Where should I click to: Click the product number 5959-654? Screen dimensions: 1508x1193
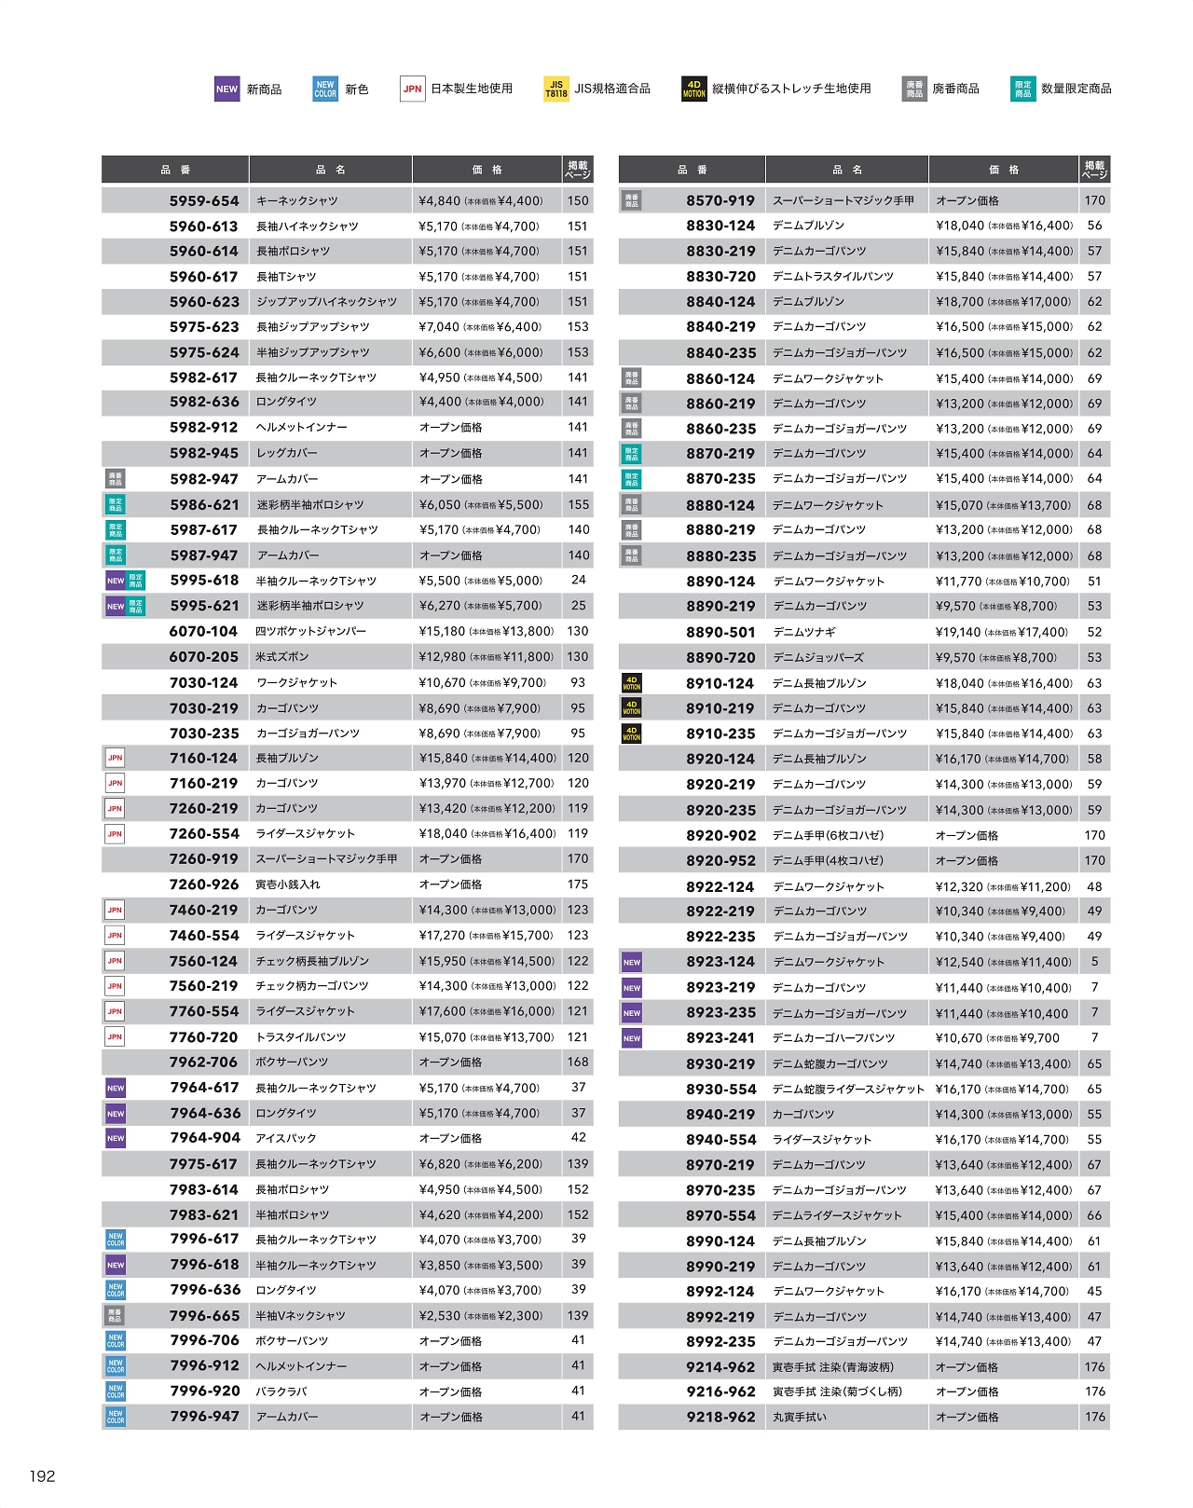[204, 200]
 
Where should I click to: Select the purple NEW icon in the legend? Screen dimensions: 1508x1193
[226, 89]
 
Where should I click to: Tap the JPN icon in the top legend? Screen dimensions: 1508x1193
[412, 89]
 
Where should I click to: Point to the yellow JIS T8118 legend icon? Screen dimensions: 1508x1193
[556, 89]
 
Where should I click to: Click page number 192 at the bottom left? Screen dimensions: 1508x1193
[42, 1475]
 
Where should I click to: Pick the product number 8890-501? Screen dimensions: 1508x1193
[720, 632]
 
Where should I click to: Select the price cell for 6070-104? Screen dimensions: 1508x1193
[486, 631]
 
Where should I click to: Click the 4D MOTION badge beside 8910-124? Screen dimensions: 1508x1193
[632, 683]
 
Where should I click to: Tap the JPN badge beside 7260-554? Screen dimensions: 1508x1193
[115, 834]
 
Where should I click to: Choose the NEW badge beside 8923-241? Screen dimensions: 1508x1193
[632, 1038]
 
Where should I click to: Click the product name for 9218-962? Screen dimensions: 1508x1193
[799, 1417]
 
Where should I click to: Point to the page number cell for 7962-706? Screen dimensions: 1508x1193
[578, 1062]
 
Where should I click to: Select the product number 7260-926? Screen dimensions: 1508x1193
[204, 884]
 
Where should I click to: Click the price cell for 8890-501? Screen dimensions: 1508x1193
[1002, 632]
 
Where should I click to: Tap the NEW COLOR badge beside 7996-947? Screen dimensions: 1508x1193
[116, 1417]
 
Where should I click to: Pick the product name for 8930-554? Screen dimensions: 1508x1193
[848, 1089]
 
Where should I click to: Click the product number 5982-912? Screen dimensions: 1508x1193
[204, 427]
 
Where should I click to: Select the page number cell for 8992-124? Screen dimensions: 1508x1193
[1094, 1291]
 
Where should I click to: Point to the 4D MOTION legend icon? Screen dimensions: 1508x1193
[694, 89]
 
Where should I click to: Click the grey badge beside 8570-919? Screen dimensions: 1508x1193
[632, 200]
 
